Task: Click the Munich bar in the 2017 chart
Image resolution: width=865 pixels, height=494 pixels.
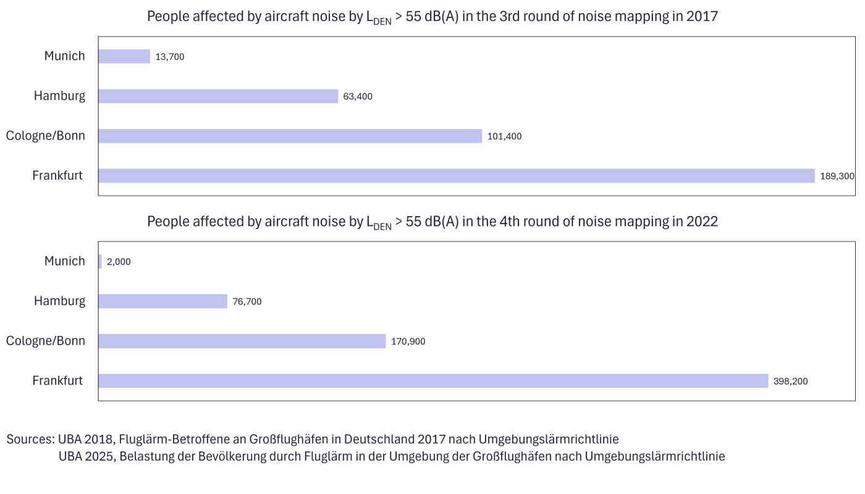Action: (x=124, y=56)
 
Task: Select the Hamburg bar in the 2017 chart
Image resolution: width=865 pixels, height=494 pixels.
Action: (x=218, y=96)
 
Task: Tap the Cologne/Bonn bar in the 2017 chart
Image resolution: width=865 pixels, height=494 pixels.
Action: (x=290, y=136)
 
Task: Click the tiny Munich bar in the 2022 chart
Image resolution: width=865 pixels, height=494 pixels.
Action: (x=100, y=262)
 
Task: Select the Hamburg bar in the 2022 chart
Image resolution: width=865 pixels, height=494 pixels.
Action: (x=163, y=301)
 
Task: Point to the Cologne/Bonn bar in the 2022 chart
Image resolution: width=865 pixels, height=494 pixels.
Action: (x=242, y=341)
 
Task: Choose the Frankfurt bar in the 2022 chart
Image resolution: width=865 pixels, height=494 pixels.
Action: (x=432, y=381)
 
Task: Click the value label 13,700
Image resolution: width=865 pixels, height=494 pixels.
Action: (x=170, y=57)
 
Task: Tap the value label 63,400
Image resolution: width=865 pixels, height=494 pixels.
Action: (x=358, y=96)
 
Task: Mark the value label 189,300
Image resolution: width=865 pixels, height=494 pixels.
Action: (x=837, y=176)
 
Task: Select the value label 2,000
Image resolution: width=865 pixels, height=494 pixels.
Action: (x=119, y=262)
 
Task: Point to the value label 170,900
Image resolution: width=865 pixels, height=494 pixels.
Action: (x=408, y=341)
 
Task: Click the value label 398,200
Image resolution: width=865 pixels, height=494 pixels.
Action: (x=790, y=382)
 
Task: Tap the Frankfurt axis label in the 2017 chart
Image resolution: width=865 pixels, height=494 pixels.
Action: (x=57, y=176)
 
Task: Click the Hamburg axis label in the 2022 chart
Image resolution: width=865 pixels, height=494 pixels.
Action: (x=59, y=301)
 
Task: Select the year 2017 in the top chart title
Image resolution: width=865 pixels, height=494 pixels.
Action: (x=702, y=17)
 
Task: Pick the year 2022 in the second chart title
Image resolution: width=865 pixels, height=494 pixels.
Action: (x=702, y=222)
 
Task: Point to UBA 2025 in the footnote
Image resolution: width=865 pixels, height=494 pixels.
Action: (x=85, y=457)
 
